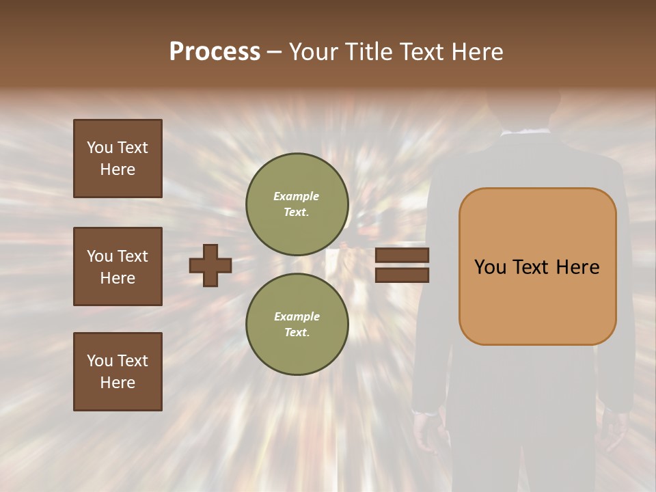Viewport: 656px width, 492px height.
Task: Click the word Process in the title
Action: click(215, 52)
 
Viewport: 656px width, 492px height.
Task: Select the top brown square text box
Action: click(118, 159)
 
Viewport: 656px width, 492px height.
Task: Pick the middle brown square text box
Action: click(118, 266)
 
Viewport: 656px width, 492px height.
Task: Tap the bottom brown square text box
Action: click(118, 372)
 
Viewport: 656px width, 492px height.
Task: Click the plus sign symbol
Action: click(210, 265)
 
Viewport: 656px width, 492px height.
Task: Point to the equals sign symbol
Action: click(402, 265)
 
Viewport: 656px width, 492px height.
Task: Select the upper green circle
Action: click(297, 204)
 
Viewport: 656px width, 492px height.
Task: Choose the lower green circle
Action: click(297, 325)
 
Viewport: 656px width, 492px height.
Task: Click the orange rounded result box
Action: click(537, 266)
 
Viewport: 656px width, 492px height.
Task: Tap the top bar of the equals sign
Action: click(402, 256)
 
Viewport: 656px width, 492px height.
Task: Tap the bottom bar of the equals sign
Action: click(402, 275)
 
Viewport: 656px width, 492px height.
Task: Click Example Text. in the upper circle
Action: click(297, 204)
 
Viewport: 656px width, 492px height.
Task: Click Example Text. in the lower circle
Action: click(297, 325)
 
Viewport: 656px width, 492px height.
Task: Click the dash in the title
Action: click(274, 52)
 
